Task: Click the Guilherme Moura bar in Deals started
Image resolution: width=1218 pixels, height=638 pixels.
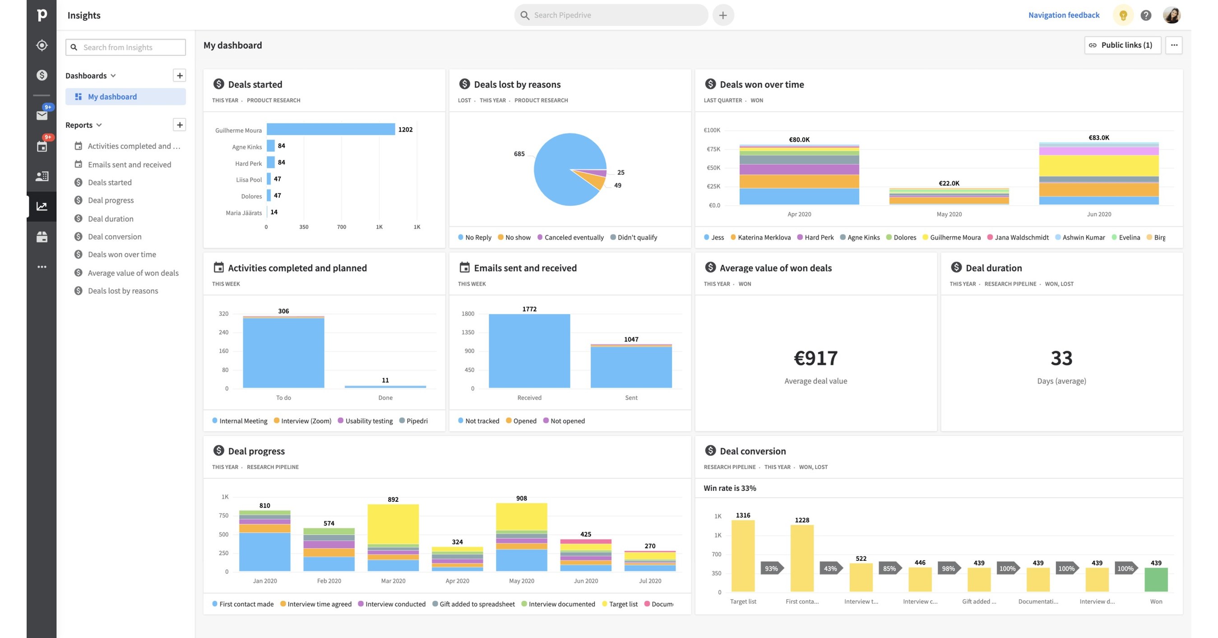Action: pyautogui.click(x=330, y=129)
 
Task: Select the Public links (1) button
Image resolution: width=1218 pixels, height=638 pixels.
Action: pyautogui.click(x=1122, y=46)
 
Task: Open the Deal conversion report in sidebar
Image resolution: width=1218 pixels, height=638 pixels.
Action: pyautogui.click(x=115, y=236)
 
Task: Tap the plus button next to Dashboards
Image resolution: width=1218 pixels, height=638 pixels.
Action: pyautogui.click(x=179, y=76)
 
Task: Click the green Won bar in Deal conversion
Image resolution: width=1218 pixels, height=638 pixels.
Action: pyautogui.click(x=1156, y=579)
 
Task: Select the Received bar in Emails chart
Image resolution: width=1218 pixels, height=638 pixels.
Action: pyautogui.click(x=529, y=351)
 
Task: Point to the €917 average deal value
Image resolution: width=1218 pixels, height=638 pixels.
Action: pyautogui.click(x=815, y=358)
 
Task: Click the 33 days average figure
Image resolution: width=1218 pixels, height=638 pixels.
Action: pyautogui.click(x=1061, y=358)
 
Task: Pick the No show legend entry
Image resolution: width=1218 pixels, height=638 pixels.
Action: pyautogui.click(x=517, y=237)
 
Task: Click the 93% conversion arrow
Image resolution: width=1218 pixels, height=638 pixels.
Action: pyautogui.click(x=772, y=568)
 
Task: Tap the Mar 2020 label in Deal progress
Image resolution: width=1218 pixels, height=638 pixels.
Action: pyautogui.click(x=393, y=581)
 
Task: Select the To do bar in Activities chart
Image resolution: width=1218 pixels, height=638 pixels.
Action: pyautogui.click(x=283, y=352)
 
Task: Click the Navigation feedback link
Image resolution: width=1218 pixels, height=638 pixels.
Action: pyautogui.click(x=1063, y=15)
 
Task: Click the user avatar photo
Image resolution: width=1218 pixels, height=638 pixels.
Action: pyautogui.click(x=1171, y=15)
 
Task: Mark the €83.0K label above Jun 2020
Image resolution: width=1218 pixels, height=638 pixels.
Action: pyautogui.click(x=1098, y=138)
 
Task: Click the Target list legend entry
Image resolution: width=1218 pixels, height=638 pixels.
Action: pyautogui.click(x=623, y=604)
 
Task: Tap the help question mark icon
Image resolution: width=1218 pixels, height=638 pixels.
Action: pyautogui.click(x=1146, y=15)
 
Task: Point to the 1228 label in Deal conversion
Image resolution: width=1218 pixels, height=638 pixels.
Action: pyautogui.click(x=802, y=520)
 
